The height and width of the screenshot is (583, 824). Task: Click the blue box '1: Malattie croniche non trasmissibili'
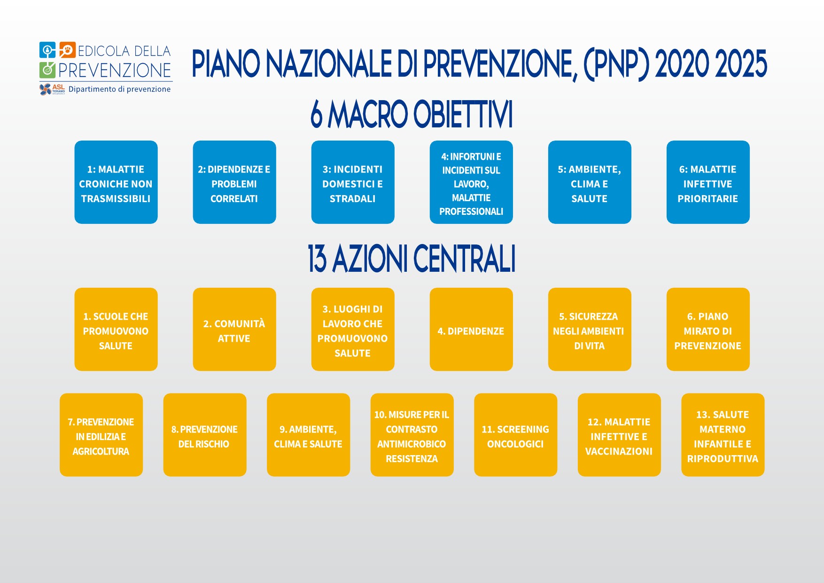(116, 182)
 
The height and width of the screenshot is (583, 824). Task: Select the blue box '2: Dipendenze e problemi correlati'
(234, 182)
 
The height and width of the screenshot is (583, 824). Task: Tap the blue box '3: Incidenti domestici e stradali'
(353, 182)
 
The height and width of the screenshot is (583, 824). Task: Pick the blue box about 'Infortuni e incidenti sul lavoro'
(471, 182)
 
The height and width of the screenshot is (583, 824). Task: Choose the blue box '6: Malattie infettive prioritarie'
(708, 182)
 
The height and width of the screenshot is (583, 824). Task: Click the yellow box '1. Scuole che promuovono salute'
(116, 329)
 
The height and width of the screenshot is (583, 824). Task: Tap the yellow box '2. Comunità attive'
(234, 329)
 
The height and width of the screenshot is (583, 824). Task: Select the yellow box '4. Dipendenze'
(471, 329)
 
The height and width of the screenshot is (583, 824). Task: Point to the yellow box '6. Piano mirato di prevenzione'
(708, 329)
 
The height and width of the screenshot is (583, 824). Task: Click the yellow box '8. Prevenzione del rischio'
(205, 435)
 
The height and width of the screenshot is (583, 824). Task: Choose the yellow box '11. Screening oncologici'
(516, 435)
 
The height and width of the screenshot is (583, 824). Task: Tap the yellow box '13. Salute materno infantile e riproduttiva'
(723, 435)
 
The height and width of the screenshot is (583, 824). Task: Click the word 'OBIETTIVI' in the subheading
(463, 114)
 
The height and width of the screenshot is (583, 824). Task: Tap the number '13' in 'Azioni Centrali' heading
(317, 259)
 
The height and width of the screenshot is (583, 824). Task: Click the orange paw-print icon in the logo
(67, 50)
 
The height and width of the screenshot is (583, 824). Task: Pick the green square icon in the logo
(47, 70)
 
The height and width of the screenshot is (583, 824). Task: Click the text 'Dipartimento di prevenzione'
(119, 89)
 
